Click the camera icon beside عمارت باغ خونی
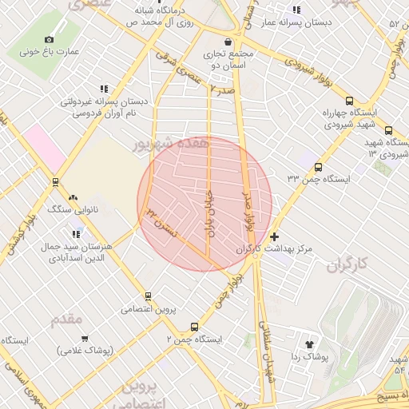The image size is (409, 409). click(x=50, y=39)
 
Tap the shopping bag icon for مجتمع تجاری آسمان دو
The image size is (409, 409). click(x=228, y=42)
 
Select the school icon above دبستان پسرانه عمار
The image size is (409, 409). click(x=296, y=10)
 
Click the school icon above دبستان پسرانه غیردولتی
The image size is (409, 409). click(x=103, y=89)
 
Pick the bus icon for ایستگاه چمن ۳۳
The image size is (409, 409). click(x=319, y=168)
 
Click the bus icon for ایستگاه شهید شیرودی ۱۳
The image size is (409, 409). click(x=388, y=131)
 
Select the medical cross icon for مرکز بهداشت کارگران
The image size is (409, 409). click(x=275, y=237)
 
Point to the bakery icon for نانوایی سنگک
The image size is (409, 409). click(x=73, y=197)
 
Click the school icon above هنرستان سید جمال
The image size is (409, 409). click(x=77, y=234)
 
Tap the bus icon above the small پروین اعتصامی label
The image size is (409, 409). click(x=148, y=296)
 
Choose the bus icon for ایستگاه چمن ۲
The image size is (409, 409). click(x=194, y=327)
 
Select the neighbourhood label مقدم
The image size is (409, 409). click(x=67, y=320)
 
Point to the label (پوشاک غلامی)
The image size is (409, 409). click(x=85, y=350)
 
